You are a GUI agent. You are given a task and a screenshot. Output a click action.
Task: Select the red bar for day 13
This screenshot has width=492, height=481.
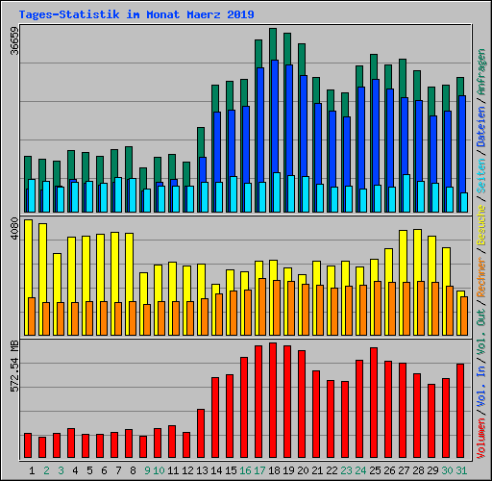pyautogui.click(x=201, y=434)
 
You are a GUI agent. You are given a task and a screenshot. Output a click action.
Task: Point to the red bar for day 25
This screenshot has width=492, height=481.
pyautogui.click(x=374, y=403)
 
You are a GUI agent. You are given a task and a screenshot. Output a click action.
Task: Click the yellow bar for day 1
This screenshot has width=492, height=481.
pyautogui.click(x=28, y=260)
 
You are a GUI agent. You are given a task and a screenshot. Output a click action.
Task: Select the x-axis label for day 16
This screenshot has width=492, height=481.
pyautogui.click(x=245, y=470)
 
